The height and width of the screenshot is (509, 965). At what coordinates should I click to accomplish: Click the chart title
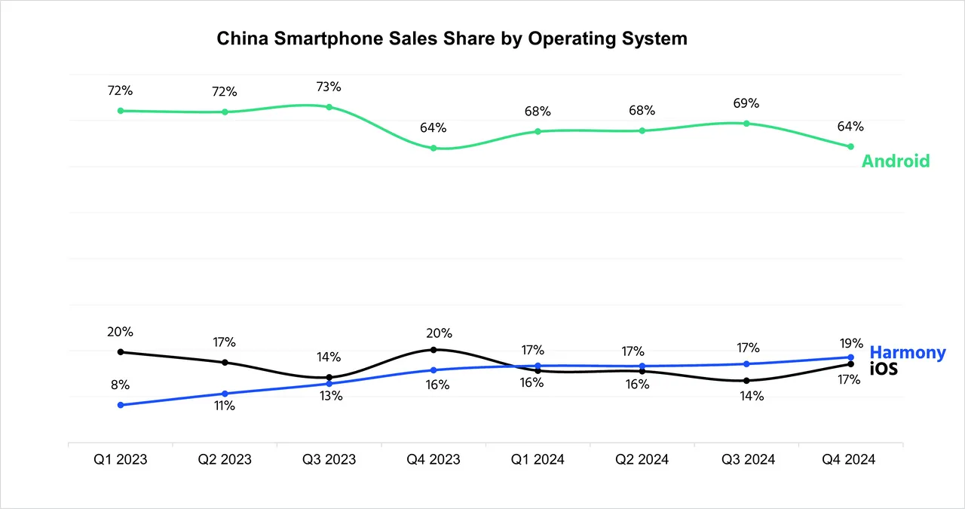point(452,38)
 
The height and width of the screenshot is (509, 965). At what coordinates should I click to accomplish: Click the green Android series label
point(896,161)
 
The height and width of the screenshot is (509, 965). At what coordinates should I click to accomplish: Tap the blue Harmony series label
point(907,352)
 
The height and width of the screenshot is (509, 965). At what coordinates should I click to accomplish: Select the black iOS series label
point(884,369)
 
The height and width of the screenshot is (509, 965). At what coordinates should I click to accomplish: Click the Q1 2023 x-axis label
point(121,459)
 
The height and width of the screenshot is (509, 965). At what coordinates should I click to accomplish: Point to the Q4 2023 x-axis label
point(433,459)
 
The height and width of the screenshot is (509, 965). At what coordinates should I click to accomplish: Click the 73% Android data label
point(329,87)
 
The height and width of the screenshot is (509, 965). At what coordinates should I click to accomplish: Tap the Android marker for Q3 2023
point(329,107)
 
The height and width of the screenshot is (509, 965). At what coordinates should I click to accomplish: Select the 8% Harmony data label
point(121,384)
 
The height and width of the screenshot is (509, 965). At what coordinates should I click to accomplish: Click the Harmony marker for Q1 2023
point(121,405)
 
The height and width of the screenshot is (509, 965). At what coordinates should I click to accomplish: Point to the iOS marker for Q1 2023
point(121,352)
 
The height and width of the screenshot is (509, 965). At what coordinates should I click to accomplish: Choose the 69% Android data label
point(746,103)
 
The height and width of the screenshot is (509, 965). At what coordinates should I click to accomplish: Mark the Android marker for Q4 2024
point(850,146)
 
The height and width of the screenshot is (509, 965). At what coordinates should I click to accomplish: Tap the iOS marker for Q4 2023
point(433,350)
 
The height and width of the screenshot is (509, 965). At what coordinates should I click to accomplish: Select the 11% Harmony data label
point(225,406)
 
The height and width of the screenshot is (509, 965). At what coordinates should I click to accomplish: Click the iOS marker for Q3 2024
point(746,381)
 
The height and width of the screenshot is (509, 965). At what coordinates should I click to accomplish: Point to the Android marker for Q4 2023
point(433,148)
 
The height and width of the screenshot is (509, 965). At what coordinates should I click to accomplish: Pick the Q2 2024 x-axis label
point(642,459)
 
